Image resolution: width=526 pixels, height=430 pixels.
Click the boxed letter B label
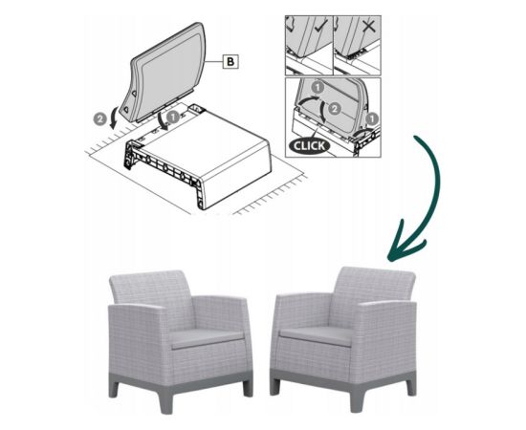[x=230, y=62]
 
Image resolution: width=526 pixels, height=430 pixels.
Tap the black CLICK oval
[x=309, y=146]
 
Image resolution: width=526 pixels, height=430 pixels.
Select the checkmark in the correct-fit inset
[x=321, y=25]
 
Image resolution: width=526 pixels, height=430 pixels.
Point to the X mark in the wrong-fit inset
[x=369, y=25]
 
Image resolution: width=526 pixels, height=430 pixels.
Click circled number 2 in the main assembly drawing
[x=99, y=119]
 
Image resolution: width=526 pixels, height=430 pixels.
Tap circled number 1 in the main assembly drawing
[x=173, y=118]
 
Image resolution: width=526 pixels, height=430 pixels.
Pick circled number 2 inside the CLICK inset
[x=334, y=109]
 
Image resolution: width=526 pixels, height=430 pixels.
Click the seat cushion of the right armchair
[x=317, y=335]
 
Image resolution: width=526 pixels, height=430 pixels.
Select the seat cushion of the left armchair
[x=208, y=338]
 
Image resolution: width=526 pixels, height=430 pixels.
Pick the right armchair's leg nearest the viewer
[x=358, y=399]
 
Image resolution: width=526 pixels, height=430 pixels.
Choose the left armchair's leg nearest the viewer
[x=166, y=400]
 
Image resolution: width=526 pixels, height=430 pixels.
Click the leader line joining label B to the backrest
[x=214, y=62]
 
